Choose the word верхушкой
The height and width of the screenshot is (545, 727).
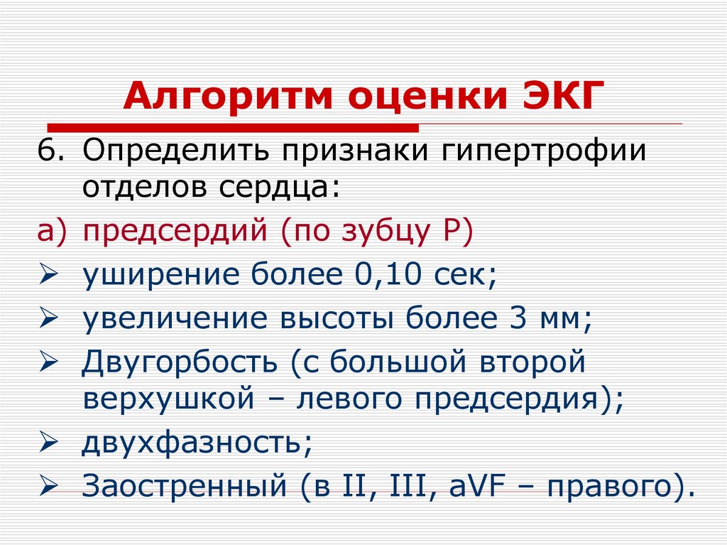tap(168, 401)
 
